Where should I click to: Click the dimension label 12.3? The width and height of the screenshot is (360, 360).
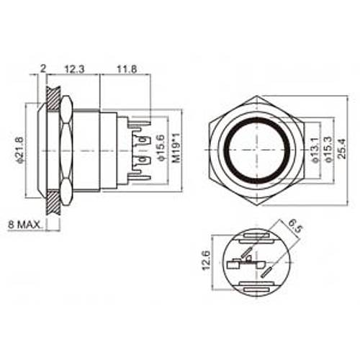75,69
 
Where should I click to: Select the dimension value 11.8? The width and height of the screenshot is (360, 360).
127,69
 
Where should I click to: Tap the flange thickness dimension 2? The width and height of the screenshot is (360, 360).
42,68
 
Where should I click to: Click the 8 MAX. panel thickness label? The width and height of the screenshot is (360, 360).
25,225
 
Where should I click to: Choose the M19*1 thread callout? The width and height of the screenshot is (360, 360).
176,148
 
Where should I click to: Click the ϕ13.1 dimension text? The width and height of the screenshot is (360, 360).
315,149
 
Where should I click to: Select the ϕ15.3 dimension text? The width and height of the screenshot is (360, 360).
328,149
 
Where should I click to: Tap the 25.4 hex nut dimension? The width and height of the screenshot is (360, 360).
342,148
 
